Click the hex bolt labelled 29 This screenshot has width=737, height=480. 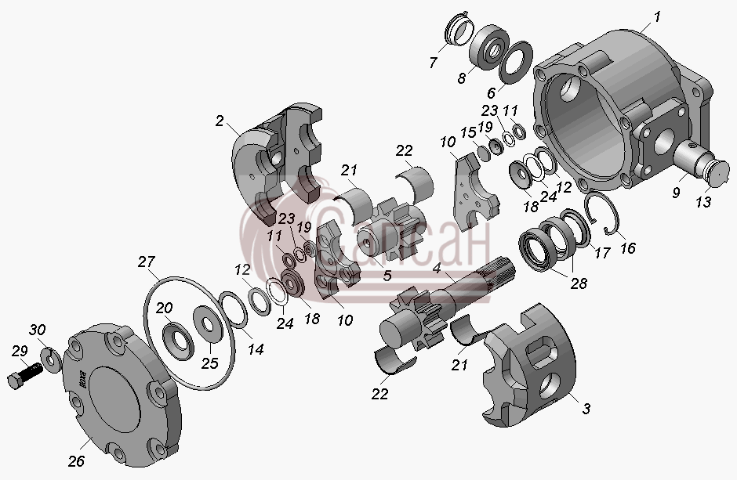(24, 375)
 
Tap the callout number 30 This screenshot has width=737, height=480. (37, 330)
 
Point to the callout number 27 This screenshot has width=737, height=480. (147, 262)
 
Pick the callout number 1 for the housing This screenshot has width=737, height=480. (657, 17)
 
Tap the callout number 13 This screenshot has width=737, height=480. (703, 202)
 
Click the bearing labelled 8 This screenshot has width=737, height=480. (491, 48)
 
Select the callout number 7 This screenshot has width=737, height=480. (433, 63)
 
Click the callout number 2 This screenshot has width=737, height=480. (220, 121)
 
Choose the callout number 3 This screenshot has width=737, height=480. (586, 409)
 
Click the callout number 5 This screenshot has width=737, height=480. (387, 276)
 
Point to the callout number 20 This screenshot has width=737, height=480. (165, 309)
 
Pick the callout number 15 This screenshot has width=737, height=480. (468, 133)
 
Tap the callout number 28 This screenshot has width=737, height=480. (579, 283)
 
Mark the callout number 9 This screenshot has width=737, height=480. (676, 192)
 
